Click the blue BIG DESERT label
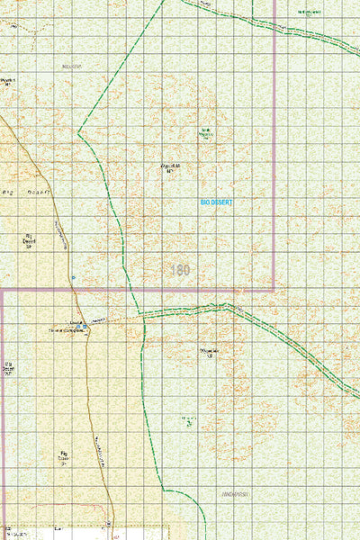click(216, 203)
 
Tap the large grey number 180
click(179, 269)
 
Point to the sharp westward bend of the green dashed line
click(79, 134)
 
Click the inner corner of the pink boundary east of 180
click(274, 290)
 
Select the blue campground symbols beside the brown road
click(79, 326)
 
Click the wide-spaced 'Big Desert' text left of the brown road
click(27, 192)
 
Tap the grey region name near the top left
click(72, 67)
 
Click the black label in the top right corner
click(309, 12)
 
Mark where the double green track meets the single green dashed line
click(143, 316)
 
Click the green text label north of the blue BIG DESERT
click(206, 134)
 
